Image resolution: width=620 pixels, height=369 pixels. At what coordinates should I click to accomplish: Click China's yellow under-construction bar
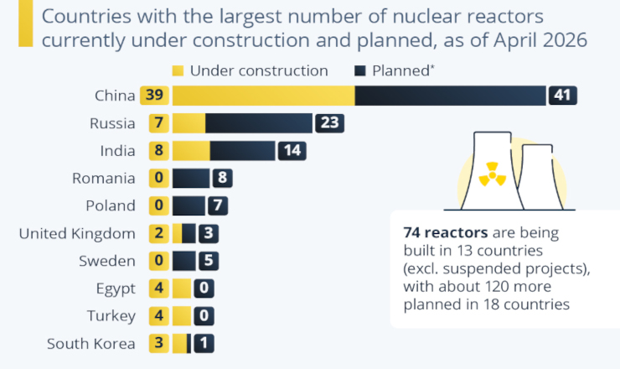pos(263,96)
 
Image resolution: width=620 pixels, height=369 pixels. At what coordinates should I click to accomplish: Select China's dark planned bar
pos(451,96)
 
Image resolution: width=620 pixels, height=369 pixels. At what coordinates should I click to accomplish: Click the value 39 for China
pos(154,96)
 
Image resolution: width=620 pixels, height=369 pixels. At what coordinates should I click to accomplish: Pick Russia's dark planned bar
pos(259,123)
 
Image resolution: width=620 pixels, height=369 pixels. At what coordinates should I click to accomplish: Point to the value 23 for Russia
pos(328,123)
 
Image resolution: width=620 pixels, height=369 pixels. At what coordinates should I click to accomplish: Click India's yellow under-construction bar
pos(191,151)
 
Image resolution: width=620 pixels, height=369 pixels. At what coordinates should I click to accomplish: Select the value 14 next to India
pos(292,151)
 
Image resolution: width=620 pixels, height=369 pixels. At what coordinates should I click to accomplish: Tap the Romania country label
pos(104,178)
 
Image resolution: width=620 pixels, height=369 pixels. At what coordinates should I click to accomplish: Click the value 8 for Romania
pos(223,178)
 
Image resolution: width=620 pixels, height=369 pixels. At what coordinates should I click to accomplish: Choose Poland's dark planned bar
pos(189,205)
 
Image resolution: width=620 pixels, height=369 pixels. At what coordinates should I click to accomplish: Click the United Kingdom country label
pos(77,233)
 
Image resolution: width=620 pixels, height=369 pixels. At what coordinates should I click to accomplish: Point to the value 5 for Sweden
pos(209,261)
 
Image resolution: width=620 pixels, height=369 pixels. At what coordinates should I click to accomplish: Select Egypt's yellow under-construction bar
pos(182,288)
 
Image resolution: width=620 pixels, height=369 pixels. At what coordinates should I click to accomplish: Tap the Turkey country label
pos(111,316)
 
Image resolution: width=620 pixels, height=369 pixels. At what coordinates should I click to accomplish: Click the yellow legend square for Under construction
pos(178,70)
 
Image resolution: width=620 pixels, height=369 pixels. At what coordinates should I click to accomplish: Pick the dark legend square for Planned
pos(360,70)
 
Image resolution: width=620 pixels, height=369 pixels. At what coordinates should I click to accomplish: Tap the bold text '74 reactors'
pos(441,233)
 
